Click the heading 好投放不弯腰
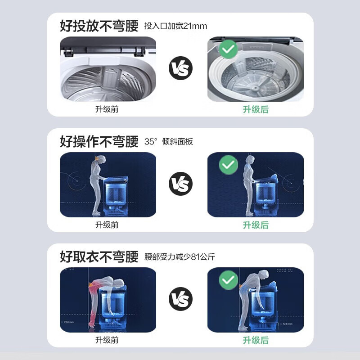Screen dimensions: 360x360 coord(99,26)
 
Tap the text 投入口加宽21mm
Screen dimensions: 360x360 coord(175,26)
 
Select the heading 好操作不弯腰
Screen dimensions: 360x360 coord(99,141)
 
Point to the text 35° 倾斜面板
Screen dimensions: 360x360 coord(169,142)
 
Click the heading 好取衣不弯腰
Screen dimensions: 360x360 coord(99,257)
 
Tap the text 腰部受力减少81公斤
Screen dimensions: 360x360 coord(180,257)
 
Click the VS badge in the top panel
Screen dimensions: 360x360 coord(180,69)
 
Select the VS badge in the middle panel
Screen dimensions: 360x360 coord(180,184)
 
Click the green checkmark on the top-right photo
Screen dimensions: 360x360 coord(229,49)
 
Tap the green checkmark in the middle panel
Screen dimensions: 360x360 coord(229,165)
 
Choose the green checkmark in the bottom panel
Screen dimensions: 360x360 coord(229,280)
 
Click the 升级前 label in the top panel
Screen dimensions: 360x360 coord(107,109)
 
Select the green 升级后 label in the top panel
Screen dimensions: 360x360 coord(256,109)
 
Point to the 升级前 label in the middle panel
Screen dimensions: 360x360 coord(107,225)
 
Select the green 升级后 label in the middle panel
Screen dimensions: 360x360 coord(256,225)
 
